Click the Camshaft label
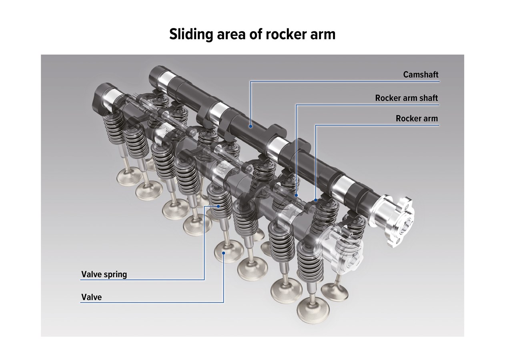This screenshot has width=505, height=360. (x=421, y=74)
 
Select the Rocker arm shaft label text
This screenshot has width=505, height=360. (x=407, y=98)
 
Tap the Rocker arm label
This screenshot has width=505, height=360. (x=417, y=119)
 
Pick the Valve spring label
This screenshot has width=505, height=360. (x=104, y=274)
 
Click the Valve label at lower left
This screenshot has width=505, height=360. (x=92, y=297)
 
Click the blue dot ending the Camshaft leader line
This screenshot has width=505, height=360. (x=250, y=126)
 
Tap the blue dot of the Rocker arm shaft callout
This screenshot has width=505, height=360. (x=297, y=196)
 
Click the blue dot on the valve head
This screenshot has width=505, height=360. (x=224, y=252)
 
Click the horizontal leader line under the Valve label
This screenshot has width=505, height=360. (x=152, y=302)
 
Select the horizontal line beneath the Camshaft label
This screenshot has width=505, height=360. (x=344, y=81)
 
